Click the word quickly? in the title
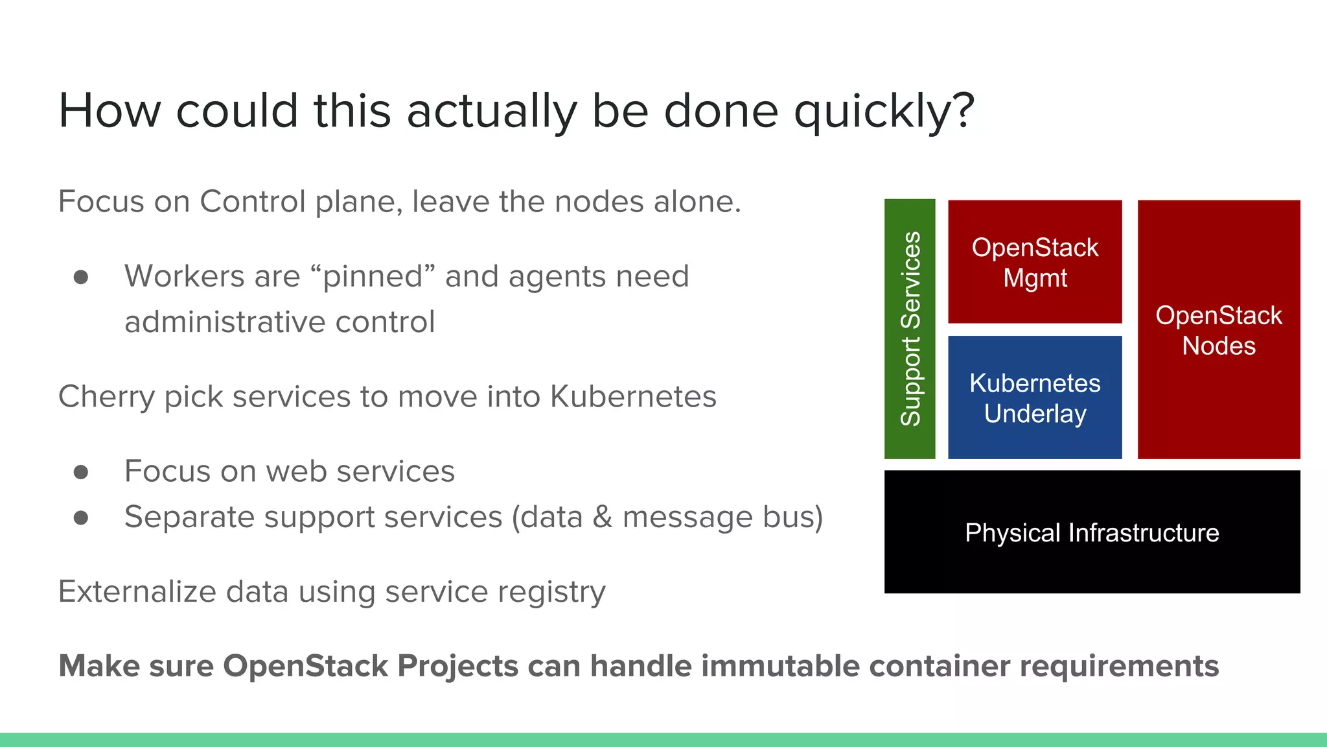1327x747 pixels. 884,112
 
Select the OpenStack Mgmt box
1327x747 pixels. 1035,262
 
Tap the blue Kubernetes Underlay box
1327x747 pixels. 1035,397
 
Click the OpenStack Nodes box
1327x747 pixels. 1218,329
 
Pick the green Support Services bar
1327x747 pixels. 910,329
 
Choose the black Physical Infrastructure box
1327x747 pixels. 1092,532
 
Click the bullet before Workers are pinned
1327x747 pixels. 81,278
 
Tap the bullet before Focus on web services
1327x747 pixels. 81,472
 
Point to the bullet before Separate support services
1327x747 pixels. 81,517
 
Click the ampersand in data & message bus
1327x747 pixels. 603,517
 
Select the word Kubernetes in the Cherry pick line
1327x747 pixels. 633,397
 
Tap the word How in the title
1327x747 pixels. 109,112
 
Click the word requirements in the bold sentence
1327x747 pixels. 1119,667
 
